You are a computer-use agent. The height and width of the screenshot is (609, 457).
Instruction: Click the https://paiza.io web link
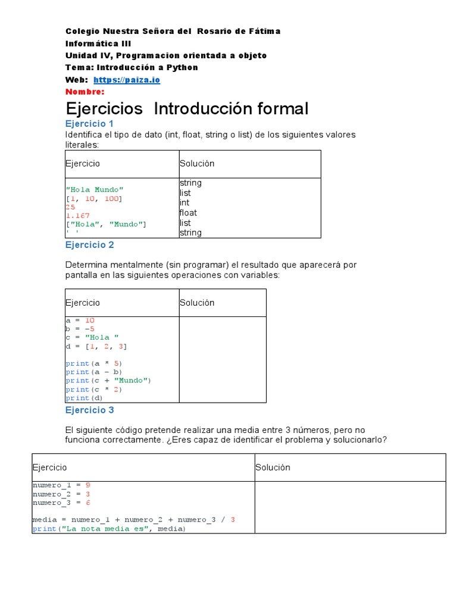[x=127, y=80]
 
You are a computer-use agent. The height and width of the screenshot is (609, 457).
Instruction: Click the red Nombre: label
[x=84, y=92]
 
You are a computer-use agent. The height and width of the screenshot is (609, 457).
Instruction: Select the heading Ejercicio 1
[x=89, y=124]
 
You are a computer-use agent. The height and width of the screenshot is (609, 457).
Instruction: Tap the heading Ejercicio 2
[x=89, y=245]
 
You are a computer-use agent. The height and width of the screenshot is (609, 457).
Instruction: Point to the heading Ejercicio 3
[x=89, y=410]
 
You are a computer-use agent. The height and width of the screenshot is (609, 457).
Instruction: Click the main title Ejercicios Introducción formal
[x=187, y=108]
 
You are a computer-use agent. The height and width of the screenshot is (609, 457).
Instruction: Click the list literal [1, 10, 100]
[x=95, y=199]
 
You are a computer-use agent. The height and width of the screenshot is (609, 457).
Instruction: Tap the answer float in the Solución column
[x=188, y=213]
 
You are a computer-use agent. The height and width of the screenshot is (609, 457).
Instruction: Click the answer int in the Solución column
[x=184, y=203]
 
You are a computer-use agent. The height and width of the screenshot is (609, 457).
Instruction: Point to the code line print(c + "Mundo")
[x=109, y=381]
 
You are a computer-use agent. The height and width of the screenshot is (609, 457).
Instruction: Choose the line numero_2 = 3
[x=61, y=494]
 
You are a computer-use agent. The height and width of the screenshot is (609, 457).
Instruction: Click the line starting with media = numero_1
[x=134, y=520]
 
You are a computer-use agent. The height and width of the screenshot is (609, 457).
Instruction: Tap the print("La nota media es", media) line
[x=109, y=529]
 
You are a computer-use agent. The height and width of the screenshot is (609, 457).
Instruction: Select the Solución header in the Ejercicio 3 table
[x=273, y=467]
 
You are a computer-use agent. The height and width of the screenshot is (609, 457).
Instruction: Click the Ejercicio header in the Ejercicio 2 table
[x=83, y=303]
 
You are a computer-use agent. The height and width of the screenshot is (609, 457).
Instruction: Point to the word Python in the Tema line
[x=181, y=68]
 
